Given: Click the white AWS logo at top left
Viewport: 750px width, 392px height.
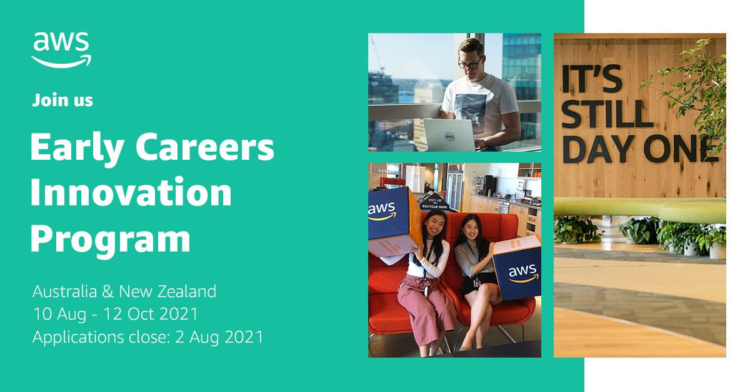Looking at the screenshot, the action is (x=61, y=50).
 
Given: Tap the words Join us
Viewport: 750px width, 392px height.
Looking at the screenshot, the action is (x=62, y=100).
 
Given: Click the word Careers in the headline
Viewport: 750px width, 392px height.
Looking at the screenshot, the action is (x=205, y=147).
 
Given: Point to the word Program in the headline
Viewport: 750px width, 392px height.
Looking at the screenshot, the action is (x=111, y=239).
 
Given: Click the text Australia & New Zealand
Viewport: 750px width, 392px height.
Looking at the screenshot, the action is (x=124, y=292).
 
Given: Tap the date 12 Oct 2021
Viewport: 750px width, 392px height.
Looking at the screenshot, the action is (x=151, y=314).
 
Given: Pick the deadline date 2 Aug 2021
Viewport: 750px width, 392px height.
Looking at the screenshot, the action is (x=219, y=337).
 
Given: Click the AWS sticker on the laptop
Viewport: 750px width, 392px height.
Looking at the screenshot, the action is (x=449, y=137).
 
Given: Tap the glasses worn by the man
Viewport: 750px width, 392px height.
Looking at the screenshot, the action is (x=471, y=64).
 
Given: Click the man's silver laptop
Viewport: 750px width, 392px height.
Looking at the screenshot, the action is (x=449, y=135).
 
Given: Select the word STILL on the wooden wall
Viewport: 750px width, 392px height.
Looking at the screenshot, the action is (x=607, y=114).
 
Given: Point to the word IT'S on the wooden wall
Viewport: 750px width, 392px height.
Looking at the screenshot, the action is (x=592, y=79).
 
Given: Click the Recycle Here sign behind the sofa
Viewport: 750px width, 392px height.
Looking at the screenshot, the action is (x=435, y=202).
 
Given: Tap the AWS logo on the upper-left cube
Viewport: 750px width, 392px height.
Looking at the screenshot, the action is (x=382, y=212).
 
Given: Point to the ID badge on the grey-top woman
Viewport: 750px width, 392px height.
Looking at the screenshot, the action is (x=476, y=283).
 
